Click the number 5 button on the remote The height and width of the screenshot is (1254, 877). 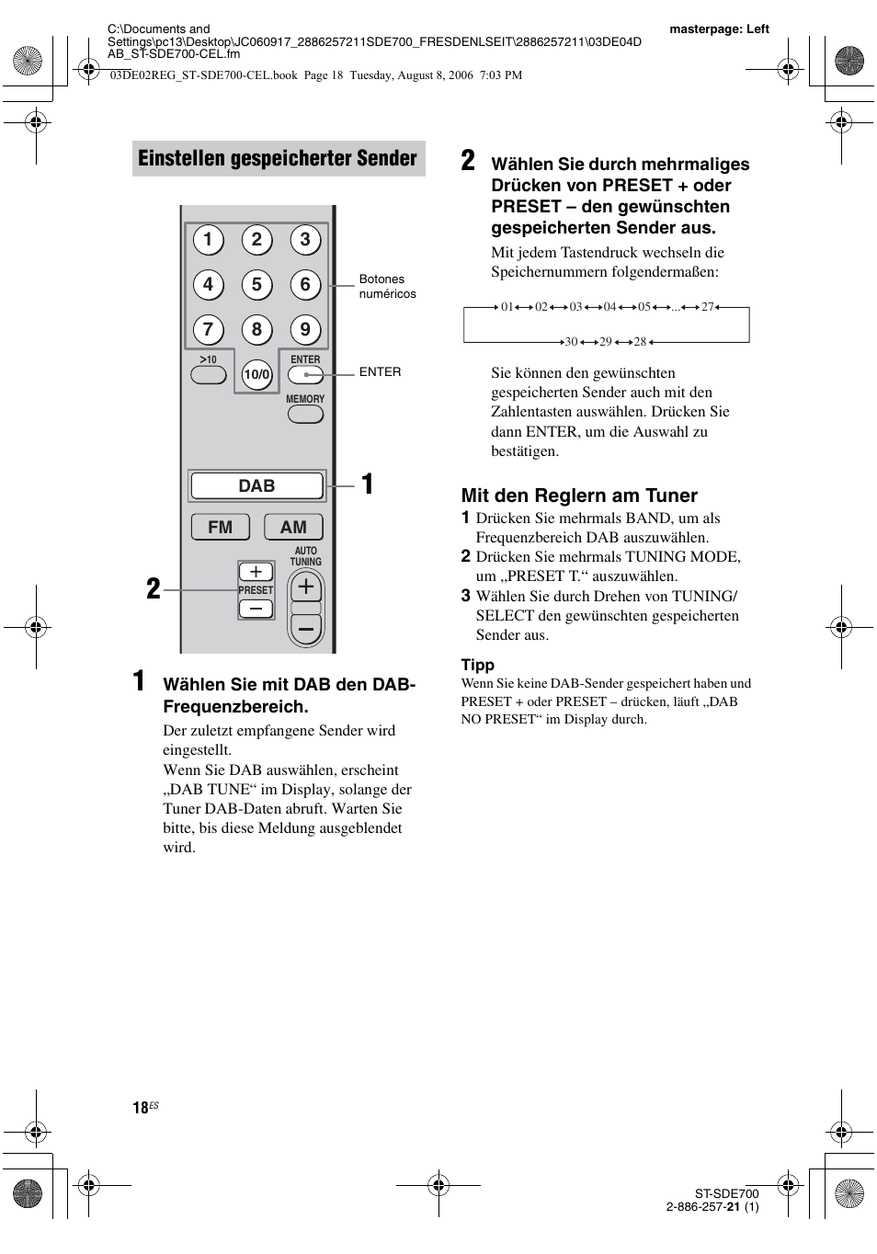point(256,285)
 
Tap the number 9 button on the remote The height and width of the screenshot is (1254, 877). point(305,329)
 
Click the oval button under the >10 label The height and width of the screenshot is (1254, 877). point(208,375)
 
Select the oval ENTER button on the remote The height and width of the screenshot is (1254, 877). point(305,374)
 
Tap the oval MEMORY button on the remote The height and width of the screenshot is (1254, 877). point(305,414)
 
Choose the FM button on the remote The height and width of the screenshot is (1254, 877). point(221,527)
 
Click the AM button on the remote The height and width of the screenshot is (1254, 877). point(293,527)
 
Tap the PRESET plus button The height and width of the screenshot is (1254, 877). point(256,572)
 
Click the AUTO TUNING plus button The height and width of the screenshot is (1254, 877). point(306,587)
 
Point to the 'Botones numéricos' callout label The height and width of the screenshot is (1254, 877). point(387,286)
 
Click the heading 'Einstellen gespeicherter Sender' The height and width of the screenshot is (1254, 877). point(278,158)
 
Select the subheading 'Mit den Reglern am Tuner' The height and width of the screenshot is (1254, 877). point(579,496)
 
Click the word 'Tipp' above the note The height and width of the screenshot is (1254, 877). point(477,665)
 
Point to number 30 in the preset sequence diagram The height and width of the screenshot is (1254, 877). point(571,341)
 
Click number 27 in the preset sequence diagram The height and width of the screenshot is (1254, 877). point(707,307)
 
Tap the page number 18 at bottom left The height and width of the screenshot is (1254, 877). point(141,1108)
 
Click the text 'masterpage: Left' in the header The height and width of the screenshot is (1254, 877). point(719,28)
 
